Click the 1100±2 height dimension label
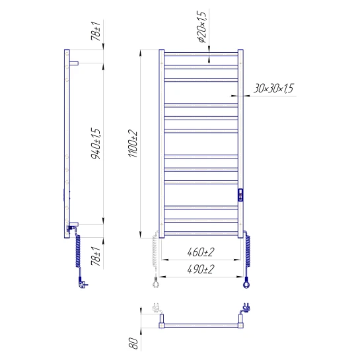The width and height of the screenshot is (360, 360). click(133, 144)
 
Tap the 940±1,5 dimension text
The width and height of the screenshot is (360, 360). click(96, 144)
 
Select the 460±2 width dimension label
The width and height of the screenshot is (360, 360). click(200, 252)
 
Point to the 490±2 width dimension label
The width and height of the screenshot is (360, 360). click(200, 269)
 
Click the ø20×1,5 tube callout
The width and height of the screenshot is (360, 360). click(202, 26)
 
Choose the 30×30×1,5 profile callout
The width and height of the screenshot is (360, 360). click(273, 88)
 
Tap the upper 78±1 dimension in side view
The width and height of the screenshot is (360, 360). click(96, 31)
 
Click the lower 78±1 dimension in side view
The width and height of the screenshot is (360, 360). click(96, 256)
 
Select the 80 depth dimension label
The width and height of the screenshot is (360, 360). click(133, 343)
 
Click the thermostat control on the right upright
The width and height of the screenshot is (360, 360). click(240, 195)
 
